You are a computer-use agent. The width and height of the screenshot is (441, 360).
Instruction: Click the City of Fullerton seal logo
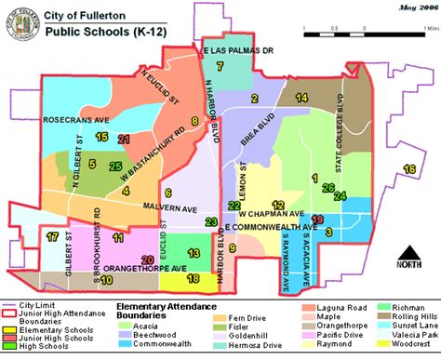coord(20,22)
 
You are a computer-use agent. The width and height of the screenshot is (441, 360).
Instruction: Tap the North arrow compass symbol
coord(408,254)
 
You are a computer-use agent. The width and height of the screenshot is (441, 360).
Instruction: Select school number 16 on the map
coord(409,168)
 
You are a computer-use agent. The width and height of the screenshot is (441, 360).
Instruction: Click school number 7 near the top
coord(220,66)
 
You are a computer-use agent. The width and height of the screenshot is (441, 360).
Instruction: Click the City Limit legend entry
coord(36,304)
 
